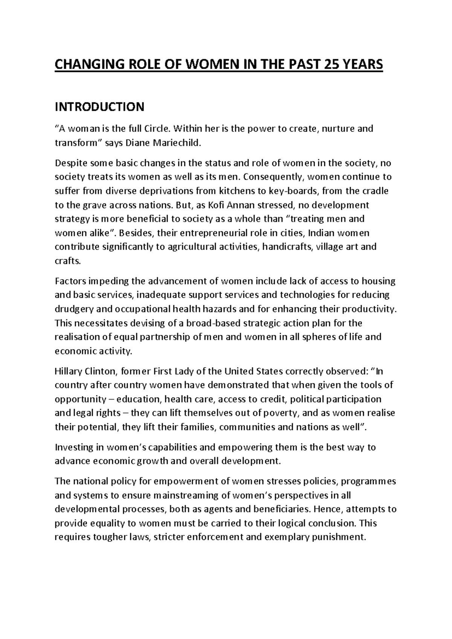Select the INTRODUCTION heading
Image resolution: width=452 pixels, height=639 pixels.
pyautogui.click(x=99, y=107)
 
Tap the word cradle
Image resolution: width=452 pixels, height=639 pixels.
pyautogui.click(x=375, y=191)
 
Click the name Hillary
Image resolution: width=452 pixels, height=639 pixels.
pyautogui.click(x=69, y=371)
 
